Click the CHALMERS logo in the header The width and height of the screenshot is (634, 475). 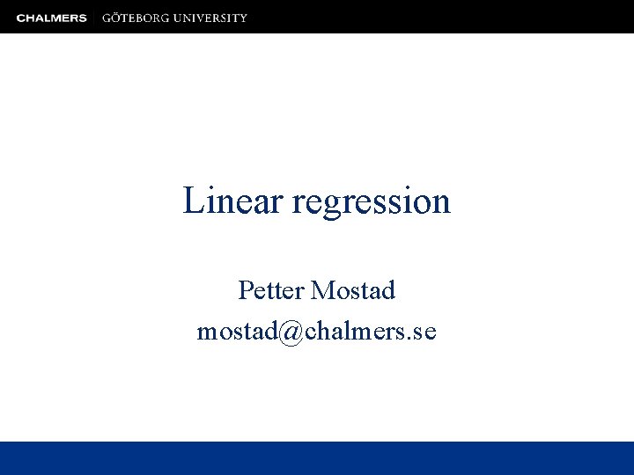coord(51,18)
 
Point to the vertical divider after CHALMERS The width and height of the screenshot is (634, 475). coord(94,18)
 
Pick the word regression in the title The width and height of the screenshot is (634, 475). coord(371,202)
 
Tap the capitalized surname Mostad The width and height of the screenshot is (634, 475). coord(353,289)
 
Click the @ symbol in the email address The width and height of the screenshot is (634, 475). coord(290,332)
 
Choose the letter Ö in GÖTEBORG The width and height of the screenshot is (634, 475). coord(116,18)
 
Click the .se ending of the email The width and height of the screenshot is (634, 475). coord(423,332)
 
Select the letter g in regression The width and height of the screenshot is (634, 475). coord(335,206)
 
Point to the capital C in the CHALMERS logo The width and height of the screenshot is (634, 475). coord(20,18)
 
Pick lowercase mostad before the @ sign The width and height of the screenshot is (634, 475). coord(236,332)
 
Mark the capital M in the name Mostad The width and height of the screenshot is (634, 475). coord(322,289)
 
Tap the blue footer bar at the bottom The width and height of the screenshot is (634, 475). coord(317,457)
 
